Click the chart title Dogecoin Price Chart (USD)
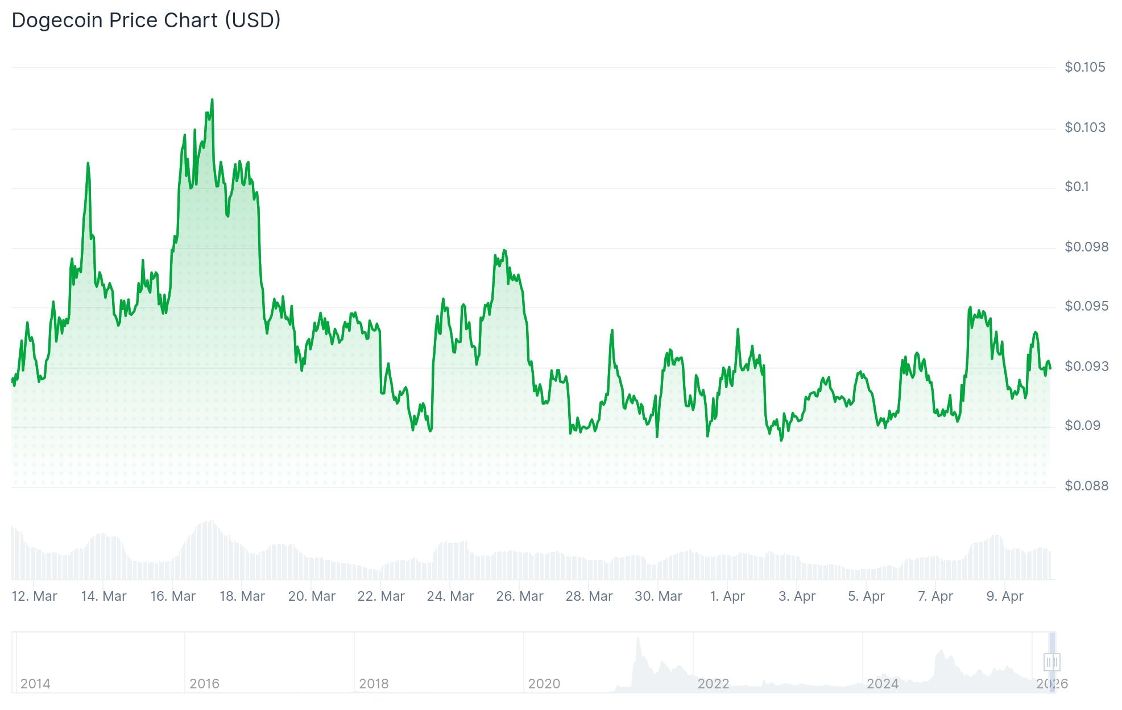(x=146, y=20)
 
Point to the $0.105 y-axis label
(x=1084, y=67)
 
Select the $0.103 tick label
(x=1084, y=127)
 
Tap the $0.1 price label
(x=1077, y=187)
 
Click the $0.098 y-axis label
(x=1086, y=247)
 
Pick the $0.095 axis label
(x=1086, y=307)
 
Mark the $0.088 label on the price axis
(x=1086, y=486)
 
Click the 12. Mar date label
(x=34, y=596)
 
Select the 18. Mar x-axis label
(x=242, y=596)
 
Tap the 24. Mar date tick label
(x=450, y=596)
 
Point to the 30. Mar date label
(x=659, y=596)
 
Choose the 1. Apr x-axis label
(x=727, y=596)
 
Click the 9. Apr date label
(x=1005, y=596)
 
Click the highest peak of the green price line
(x=212, y=100)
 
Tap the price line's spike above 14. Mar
(x=88, y=164)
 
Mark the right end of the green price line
(x=1050, y=368)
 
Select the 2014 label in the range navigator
(x=35, y=684)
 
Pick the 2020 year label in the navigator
(x=544, y=684)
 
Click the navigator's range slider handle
(x=1052, y=662)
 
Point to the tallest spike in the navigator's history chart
(x=638, y=638)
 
